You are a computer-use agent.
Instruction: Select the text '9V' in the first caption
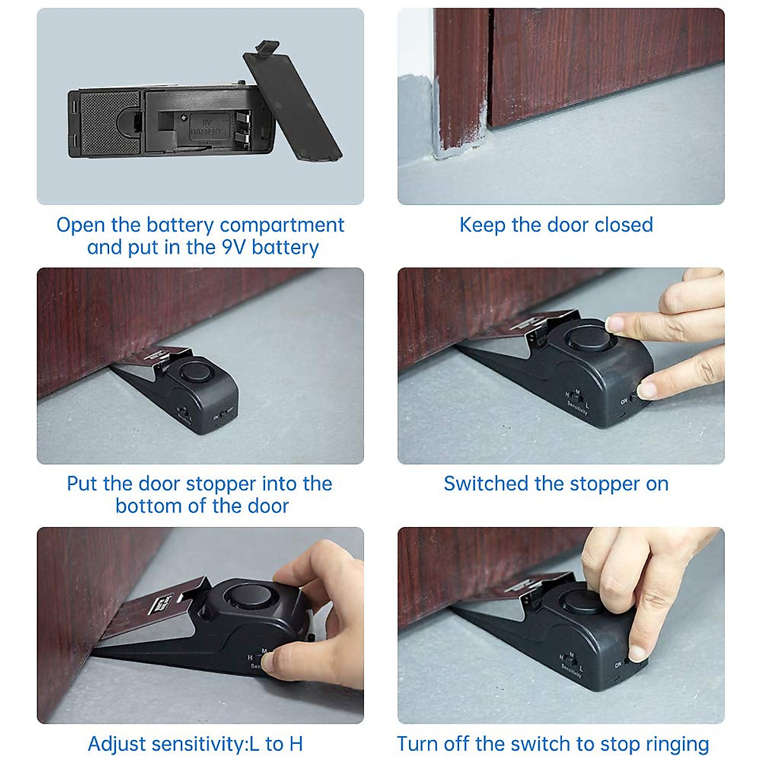tap(234, 247)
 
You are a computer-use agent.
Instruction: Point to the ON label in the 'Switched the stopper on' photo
tap(625, 401)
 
